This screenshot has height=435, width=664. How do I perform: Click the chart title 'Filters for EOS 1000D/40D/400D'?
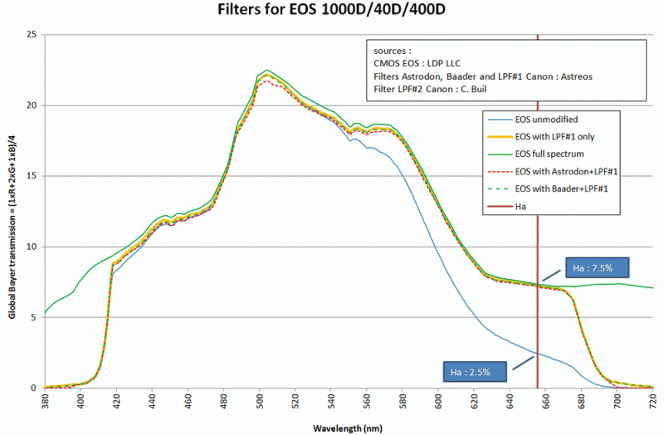[331, 11]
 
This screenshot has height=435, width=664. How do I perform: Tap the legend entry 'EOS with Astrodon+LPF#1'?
[568, 171]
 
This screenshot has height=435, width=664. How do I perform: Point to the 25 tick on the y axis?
[32, 35]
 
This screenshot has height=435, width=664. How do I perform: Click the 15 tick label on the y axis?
[32, 176]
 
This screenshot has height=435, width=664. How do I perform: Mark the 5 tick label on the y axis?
[34, 317]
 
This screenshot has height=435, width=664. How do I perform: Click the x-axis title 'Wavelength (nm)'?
[348, 428]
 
